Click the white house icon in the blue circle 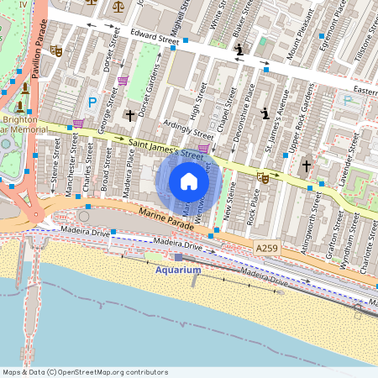pyautogui.click(x=189, y=181)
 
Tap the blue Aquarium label pyautogui.click(x=178, y=270)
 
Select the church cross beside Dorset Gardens pyautogui.click(x=129, y=114)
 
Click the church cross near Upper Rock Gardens pyautogui.click(x=307, y=166)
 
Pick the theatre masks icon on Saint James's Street pyautogui.click(x=263, y=176)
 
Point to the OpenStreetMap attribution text pyautogui.click(x=85, y=372)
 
